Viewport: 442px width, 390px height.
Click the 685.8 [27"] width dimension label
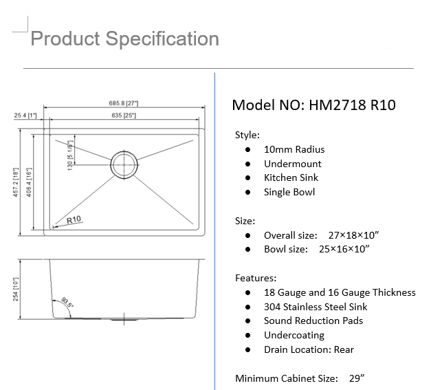pyautogui.click(x=124, y=103)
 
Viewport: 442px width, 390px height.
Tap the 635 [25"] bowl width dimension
pyautogui.click(x=124, y=116)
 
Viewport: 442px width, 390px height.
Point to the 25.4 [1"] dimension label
pyautogui.click(x=25, y=116)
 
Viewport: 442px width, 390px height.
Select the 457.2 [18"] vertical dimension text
pyautogui.click(x=16, y=182)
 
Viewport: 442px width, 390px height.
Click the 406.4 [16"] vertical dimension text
pyautogui.click(x=29, y=182)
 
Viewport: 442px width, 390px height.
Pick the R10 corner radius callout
pyautogui.click(x=74, y=219)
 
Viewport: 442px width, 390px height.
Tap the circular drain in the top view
pyautogui.click(x=124, y=164)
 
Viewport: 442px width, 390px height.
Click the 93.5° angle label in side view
pyautogui.click(x=67, y=302)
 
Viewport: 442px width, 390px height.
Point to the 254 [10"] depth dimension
pyautogui.click(x=16, y=290)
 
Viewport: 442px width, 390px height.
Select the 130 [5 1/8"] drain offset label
pyautogui.click(x=70, y=155)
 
